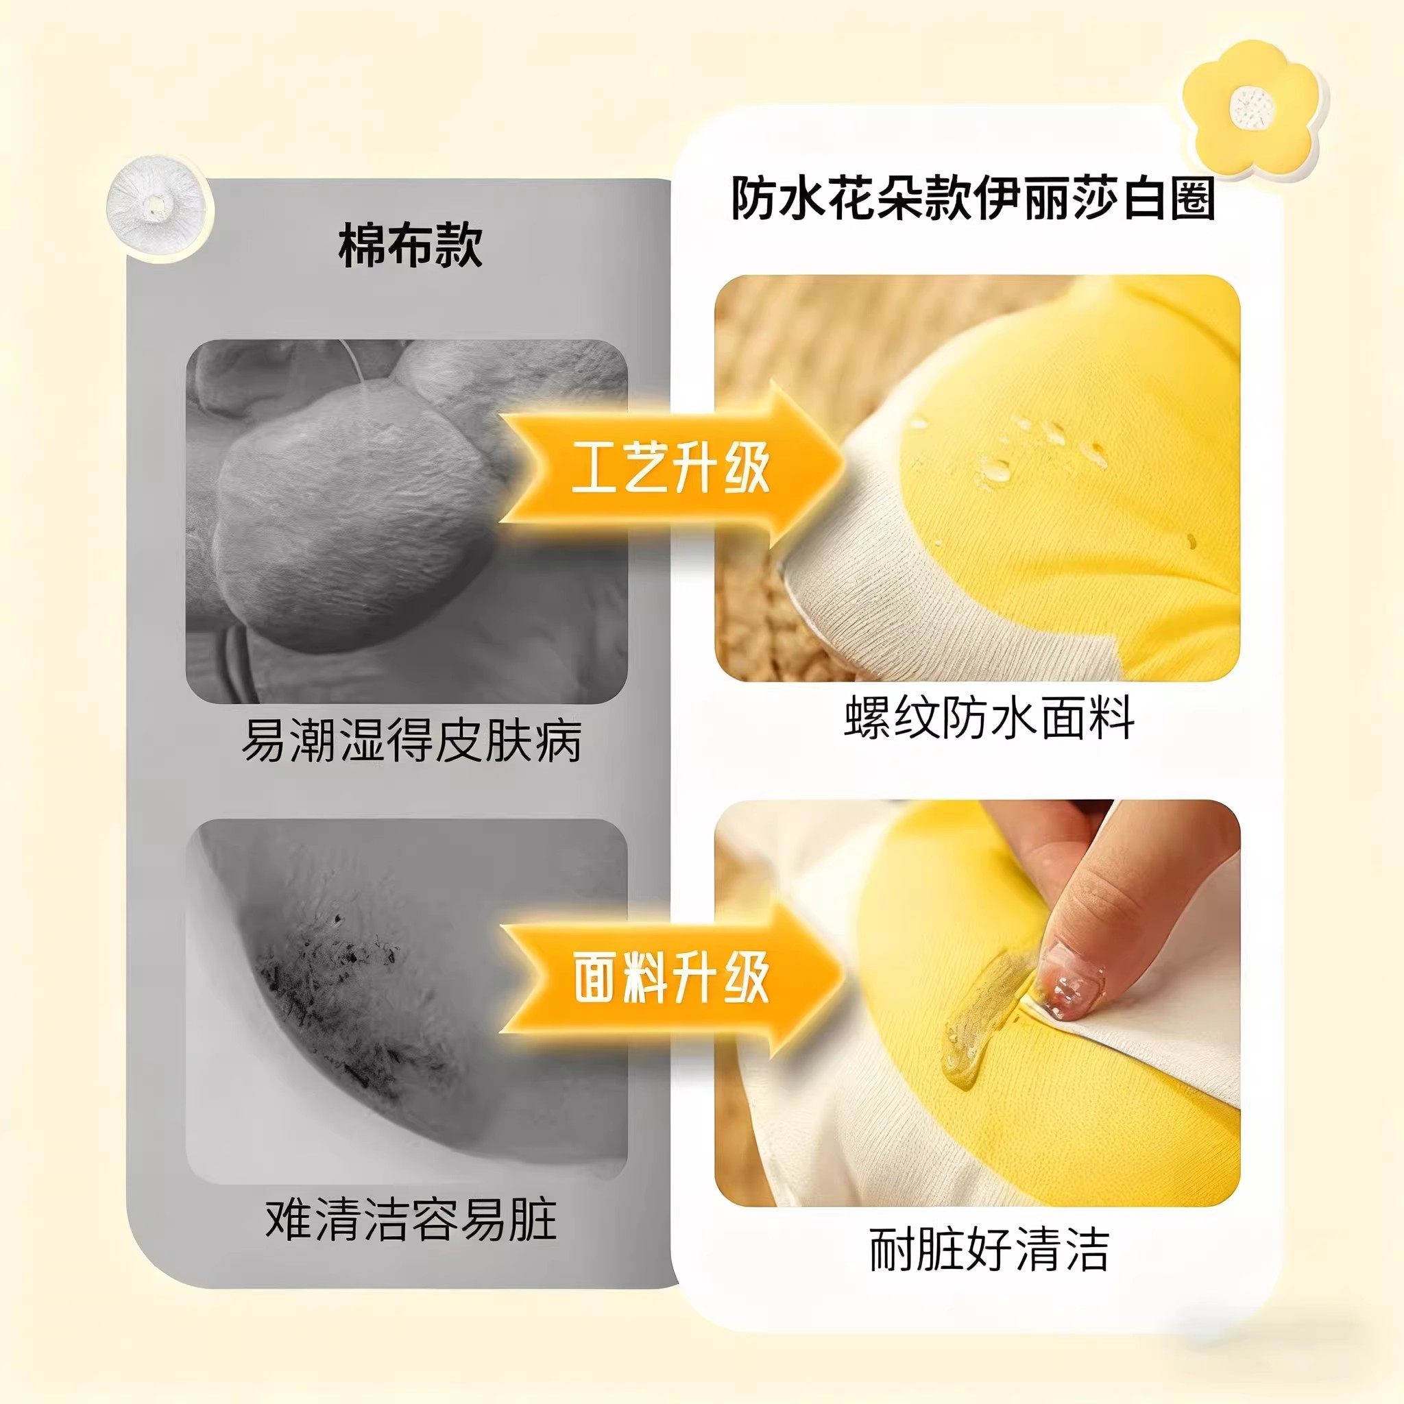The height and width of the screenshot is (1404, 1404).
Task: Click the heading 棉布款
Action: pos(410,245)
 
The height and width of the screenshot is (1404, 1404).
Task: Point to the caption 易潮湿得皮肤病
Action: pos(411,740)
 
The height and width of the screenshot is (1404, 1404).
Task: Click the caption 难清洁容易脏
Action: pos(411,1220)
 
